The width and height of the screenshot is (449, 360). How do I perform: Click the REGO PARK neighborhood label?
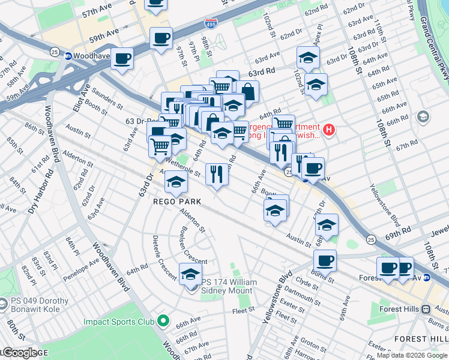click(177, 202)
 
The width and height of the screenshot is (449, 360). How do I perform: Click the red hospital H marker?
click(328, 129)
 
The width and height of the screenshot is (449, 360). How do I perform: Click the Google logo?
click(19, 353)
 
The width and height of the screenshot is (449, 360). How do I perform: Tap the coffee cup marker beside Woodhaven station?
click(122, 59)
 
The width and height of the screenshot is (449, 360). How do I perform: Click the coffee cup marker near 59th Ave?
click(161, 38)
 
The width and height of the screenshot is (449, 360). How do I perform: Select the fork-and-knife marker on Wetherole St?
click(217, 174)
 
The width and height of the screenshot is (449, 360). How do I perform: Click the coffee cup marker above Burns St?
click(325, 260)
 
